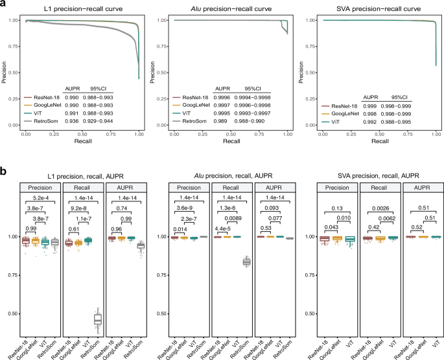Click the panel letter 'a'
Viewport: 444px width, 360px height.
[x=4, y=5]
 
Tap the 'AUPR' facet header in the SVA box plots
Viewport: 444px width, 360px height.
[x=419, y=188]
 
